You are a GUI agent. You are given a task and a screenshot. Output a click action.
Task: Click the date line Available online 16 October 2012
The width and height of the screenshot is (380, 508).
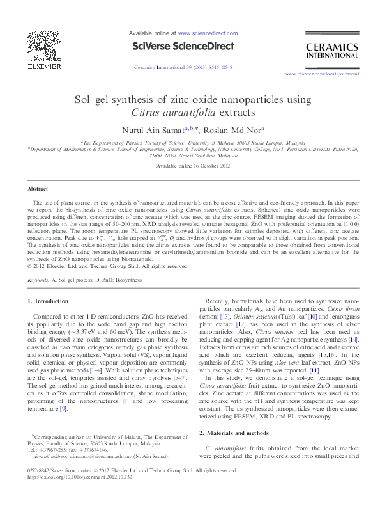click(190, 166)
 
